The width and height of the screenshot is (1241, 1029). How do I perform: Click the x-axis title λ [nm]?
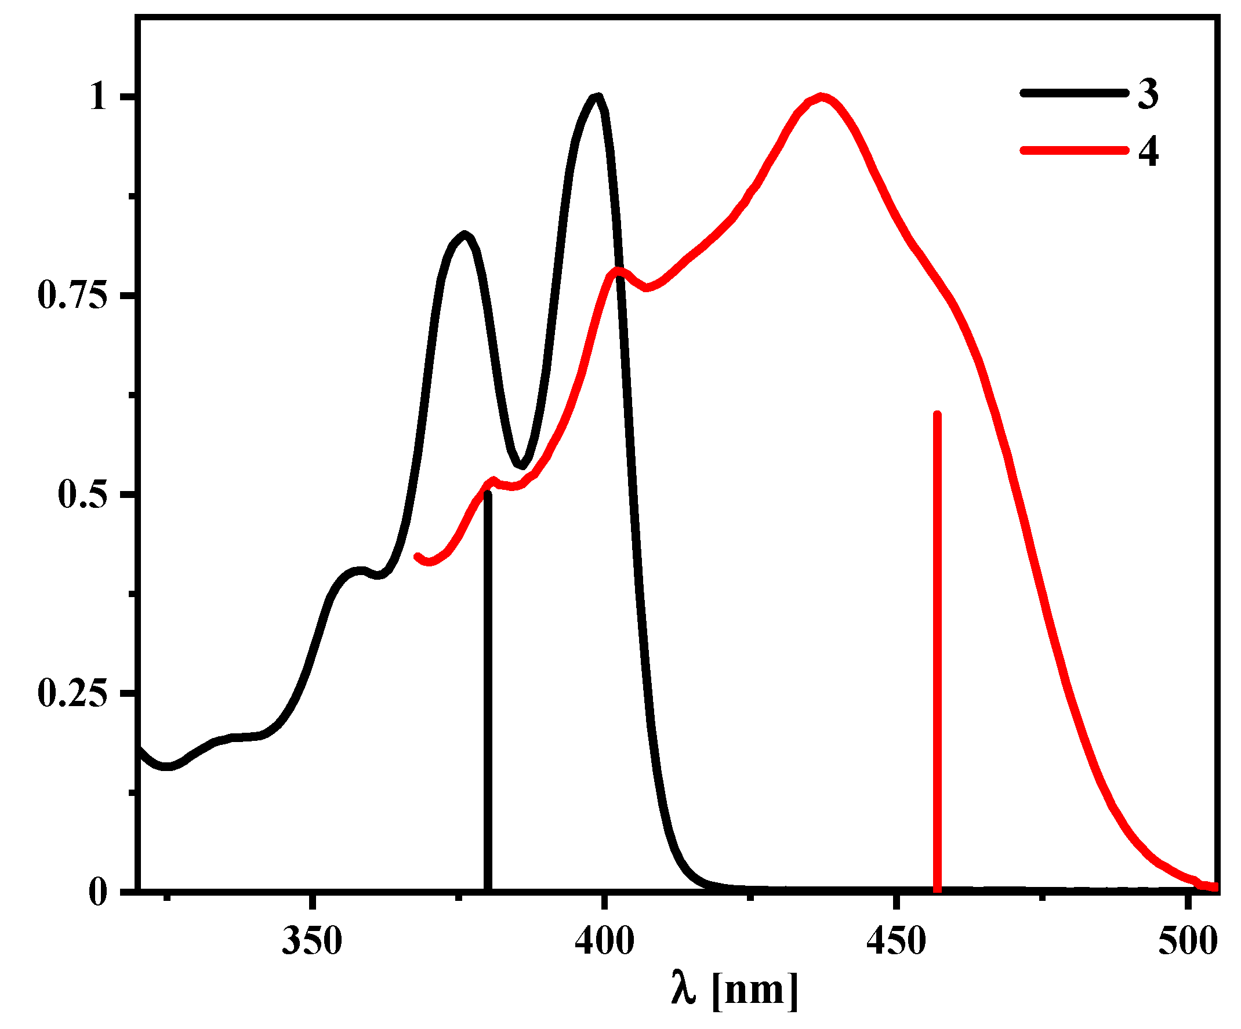point(735,989)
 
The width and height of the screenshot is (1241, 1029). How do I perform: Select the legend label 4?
point(1148,151)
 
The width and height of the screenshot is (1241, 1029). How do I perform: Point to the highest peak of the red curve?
point(821,97)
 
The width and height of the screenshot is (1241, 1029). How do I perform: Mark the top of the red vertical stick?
point(937,415)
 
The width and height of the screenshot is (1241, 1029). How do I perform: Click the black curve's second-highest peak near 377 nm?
point(465,235)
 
